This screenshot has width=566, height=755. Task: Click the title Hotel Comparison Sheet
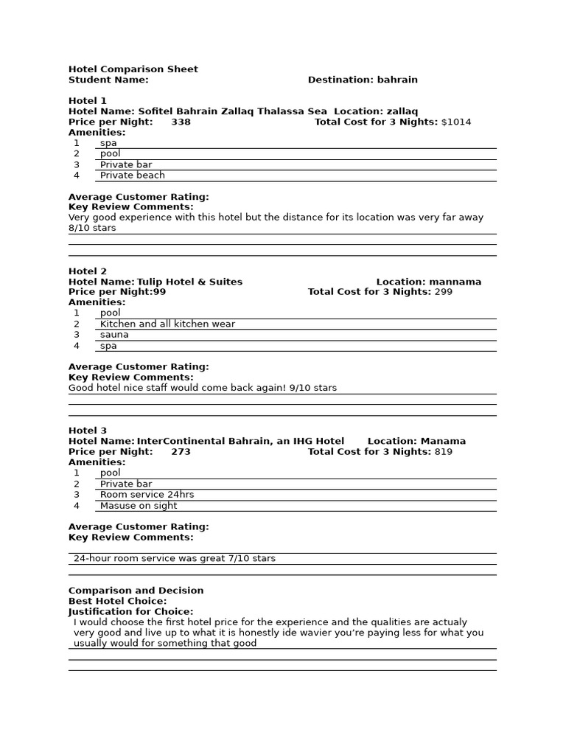pos(133,69)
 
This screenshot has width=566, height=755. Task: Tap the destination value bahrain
pos(398,80)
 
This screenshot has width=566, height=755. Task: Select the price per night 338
pos(181,122)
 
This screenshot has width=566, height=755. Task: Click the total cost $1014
pos(455,122)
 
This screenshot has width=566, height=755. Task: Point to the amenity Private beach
pos(133,175)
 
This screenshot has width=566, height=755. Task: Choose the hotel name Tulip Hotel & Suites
pos(189,282)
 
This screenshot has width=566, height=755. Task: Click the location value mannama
pos(455,282)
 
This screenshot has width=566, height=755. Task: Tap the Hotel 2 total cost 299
pos(444,292)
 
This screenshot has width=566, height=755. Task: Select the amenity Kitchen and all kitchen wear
pos(167,324)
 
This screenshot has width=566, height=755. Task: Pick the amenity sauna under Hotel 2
pos(114,335)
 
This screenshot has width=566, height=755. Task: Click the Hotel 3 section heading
pos(88,431)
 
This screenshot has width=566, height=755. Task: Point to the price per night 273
pos(181,452)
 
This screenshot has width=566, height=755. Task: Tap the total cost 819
pos(444,452)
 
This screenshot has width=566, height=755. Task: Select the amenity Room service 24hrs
pos(147,495)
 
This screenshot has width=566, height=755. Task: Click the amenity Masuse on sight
pos(139,506)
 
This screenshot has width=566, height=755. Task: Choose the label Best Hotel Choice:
pos(118,602)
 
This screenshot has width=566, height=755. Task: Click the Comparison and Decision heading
pos(136,591)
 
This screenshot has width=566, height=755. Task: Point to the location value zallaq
pos(402,111)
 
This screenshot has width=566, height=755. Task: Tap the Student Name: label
pos(108,80)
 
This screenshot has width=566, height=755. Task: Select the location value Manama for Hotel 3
pos(443,442)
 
